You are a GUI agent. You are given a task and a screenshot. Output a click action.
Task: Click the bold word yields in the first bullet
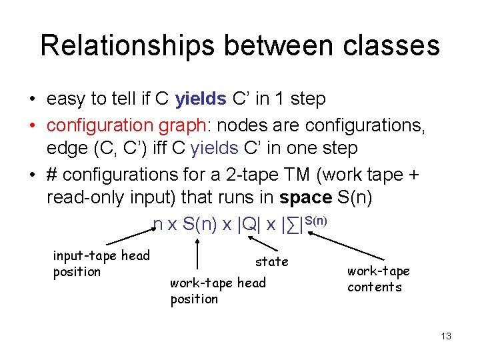tap(201, 99)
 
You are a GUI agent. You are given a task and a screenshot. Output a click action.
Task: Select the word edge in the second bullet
tap(66, 148)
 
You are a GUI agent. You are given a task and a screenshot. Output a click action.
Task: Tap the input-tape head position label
tap(101, 263)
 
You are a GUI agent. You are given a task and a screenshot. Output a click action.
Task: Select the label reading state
tap(272, 261)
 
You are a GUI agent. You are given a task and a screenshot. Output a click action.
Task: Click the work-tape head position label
tap(217, 291)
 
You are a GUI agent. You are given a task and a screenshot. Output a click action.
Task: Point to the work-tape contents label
tap(378, 279)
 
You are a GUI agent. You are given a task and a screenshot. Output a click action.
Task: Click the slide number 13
tap(445, 336)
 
